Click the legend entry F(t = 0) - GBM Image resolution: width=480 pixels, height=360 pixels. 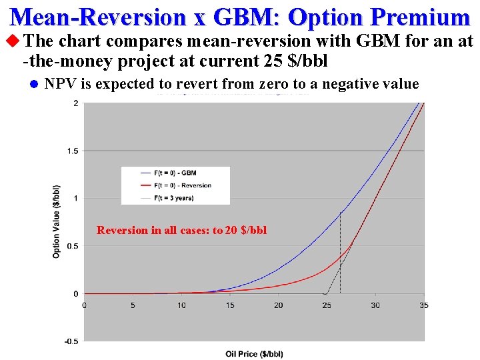click(175, 173)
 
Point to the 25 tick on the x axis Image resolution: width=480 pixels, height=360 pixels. click(327, 305)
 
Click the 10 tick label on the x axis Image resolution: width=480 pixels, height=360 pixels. click(181, 305)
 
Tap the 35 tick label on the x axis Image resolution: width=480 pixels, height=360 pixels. click(424, 305)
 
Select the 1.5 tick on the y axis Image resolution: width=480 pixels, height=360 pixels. click(72, 151)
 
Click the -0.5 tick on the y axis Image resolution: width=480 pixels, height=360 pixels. click(71, 341)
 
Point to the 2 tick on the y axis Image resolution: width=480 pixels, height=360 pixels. click(75, 103)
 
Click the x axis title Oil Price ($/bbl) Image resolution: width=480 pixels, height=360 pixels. click(254, 353)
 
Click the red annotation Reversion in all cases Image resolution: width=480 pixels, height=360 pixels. click(181, 230)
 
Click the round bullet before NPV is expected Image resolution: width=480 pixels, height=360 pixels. click(32, 84)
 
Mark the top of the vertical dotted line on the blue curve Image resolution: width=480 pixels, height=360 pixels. click(341, 212)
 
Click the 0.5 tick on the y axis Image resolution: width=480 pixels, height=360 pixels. click(72, 246)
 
